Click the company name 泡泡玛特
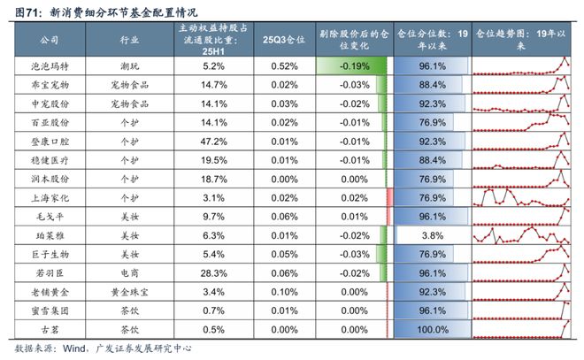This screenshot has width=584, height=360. (x=50, y=66)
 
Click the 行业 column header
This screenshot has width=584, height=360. (x=128, y=40)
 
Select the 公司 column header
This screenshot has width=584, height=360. (x=50, y=40)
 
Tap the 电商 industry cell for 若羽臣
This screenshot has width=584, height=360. (x=128, y=272)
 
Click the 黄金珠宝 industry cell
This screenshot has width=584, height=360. (x=128, y=291)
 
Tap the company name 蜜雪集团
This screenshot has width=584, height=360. (x=50, y=310)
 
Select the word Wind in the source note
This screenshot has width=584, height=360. (x=72, y=348)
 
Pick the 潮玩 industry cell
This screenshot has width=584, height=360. (x=128, y=66)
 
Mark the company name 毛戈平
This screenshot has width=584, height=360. (x=50, y=216)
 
